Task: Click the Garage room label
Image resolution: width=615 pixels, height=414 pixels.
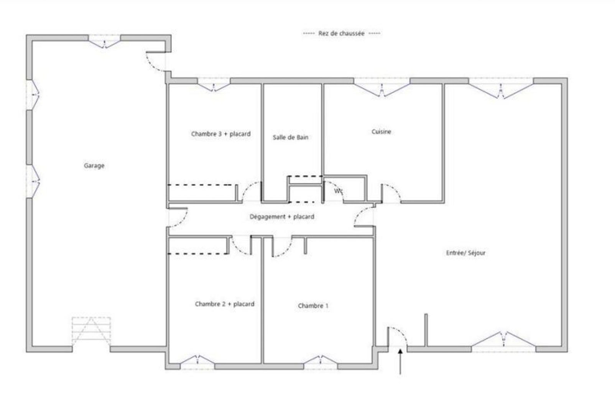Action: click(x=94, y=166)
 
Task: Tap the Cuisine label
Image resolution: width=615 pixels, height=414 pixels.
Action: click(x=381, y=132)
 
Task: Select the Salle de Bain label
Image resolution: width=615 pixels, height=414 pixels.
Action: click(x=291, y=137)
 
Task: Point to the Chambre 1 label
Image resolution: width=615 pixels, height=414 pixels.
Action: click(x=313, y=306)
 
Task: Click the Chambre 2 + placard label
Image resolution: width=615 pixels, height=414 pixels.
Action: click(x=225, y=304)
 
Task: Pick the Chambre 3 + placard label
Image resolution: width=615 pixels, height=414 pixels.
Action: click(x=221, y=134)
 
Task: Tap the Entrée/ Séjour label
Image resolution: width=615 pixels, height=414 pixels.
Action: click(x=465, y=253)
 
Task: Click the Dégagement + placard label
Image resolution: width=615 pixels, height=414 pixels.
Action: click(x=282, y=217)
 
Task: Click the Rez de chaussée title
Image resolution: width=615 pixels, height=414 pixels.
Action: click(x=341, y=33)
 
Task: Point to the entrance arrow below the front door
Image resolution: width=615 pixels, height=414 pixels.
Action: click(x=400, y=361)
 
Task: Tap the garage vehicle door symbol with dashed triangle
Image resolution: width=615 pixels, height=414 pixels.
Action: click(x=91, y=331)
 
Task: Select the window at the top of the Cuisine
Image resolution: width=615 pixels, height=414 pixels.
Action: click(x=381, y=87)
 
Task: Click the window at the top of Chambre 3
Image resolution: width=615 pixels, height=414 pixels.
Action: click(x=214, y=85)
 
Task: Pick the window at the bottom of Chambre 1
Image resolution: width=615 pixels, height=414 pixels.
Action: click(x=321, y=362)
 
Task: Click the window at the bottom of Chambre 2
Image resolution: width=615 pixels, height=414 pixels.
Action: click(x=197, y=362)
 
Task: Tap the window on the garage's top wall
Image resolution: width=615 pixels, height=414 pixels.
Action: click(x=104, y=41)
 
